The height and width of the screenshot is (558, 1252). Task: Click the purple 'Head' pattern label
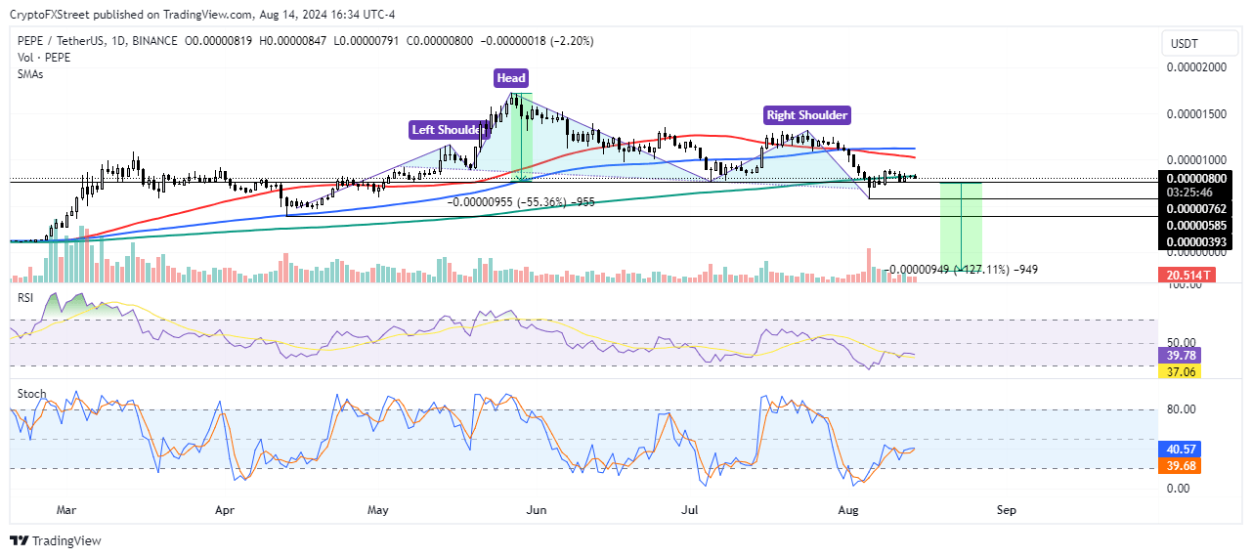pos(511,78)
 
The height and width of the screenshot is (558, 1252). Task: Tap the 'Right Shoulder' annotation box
pos(807,115)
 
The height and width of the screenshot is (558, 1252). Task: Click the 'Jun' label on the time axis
pos(535,510)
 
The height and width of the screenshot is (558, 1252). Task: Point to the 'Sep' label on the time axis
pos(1007,510)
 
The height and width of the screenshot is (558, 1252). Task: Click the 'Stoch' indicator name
pos(32,394)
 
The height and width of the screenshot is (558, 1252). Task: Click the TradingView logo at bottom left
pos(56,540)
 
